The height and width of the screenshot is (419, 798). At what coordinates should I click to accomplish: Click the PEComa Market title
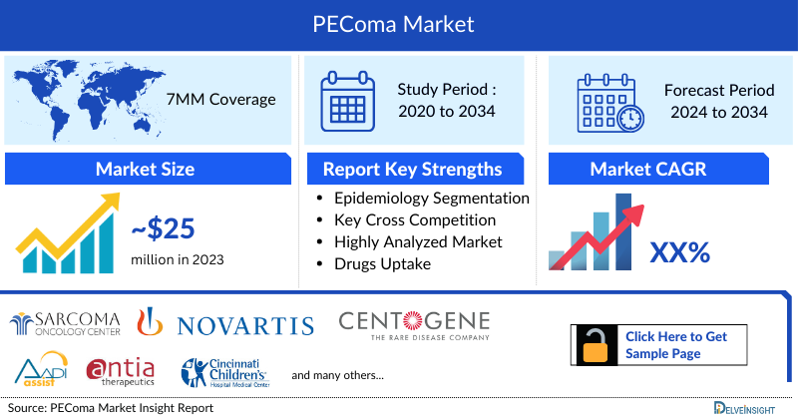[x=399, y=22]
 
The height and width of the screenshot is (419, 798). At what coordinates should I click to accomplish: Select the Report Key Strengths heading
[x=412, y=169]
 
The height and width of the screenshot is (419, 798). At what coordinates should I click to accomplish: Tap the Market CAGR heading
[x=647, y=169]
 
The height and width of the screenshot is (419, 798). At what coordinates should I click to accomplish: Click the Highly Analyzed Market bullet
[x=418, y=241]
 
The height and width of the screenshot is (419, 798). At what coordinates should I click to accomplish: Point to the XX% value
[x=679, y=252]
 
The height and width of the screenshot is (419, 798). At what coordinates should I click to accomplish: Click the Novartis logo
[x=244, y=324]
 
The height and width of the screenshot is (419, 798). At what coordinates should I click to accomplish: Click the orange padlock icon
[x=595, y=345]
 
